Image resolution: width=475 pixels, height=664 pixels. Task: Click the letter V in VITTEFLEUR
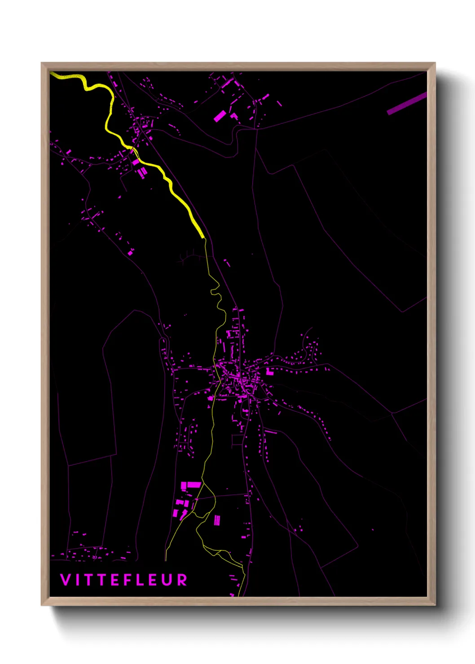(x=65, y=580)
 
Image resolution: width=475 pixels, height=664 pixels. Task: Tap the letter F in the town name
(x=128, y=580)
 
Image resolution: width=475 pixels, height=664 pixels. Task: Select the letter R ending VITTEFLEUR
(x=182, y=580)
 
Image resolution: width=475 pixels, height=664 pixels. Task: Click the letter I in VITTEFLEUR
(x=77, y=580)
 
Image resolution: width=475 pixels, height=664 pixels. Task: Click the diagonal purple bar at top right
(x=407, y=103)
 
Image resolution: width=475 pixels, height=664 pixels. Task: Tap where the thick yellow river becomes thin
(x=203, y=237)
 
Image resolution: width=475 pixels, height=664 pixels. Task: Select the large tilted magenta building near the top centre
(x=220, y=116)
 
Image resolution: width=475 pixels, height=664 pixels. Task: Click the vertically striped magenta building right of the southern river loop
(x=217, y=520)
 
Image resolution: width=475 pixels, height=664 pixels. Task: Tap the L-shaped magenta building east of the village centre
(x=269, y=371)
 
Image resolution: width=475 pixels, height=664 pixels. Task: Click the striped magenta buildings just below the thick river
(x=142, y=172)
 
